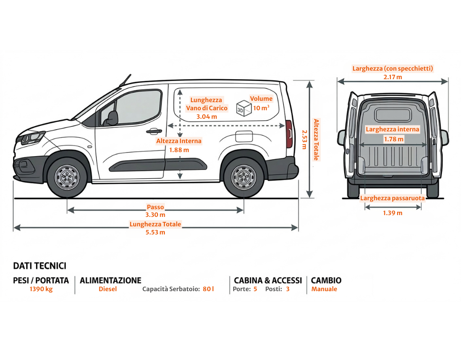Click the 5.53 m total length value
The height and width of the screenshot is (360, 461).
click(155, 233)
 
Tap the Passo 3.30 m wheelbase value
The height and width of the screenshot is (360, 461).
click(155, 215)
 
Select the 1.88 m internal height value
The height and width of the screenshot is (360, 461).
click(179, 150)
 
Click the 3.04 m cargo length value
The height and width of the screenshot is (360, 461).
click(207, 117)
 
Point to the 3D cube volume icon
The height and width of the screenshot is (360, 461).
click(243, 108)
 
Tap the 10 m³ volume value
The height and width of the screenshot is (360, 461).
click(261, 108)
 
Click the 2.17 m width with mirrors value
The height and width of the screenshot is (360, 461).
click(393, 77)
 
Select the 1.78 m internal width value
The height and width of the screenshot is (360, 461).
click(393, 139)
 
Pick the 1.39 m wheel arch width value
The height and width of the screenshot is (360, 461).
click(393, 213)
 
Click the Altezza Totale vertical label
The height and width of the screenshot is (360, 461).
click(316, 139)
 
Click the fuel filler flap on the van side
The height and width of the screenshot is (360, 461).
click(244, 135)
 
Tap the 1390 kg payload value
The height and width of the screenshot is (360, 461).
click(41, 289)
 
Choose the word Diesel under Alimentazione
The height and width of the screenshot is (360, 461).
click(108, 289)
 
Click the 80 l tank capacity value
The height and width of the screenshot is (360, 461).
click(208, 289)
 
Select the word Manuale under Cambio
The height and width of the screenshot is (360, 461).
click(324, 289)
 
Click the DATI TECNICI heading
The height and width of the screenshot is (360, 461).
click(40, 266)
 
